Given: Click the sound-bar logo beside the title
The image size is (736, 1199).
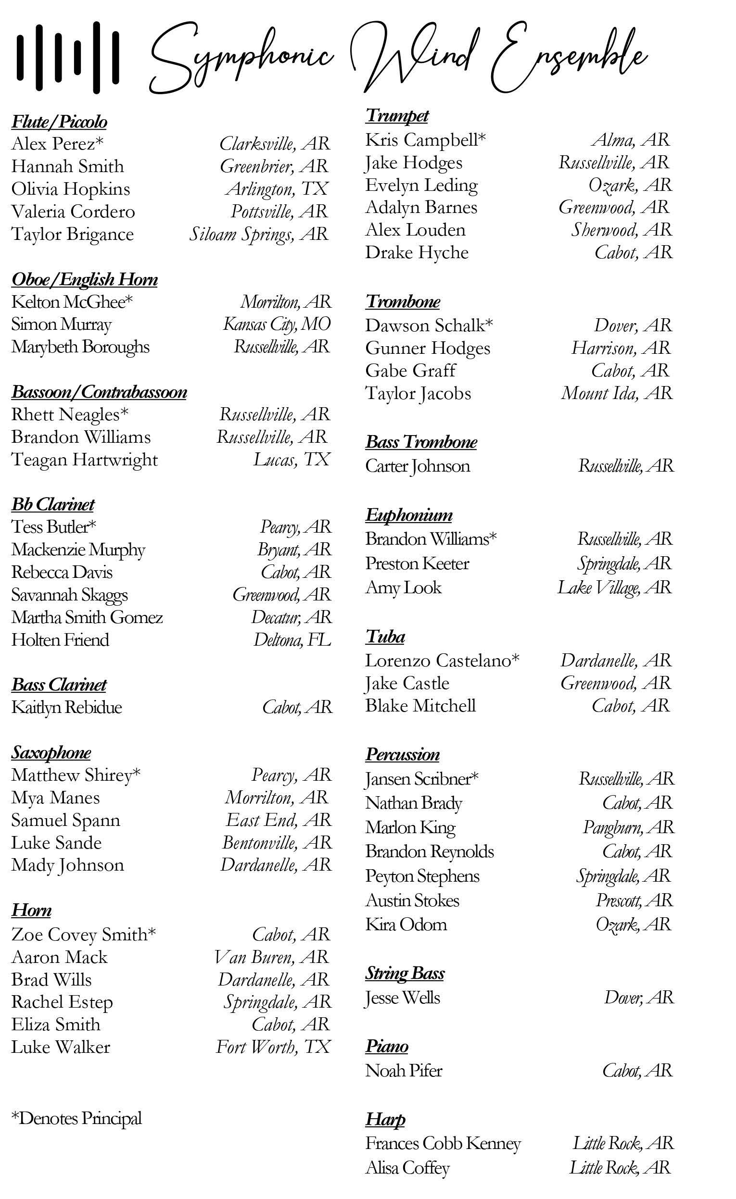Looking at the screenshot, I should [68, 57].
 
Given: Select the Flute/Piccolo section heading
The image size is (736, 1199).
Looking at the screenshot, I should [59, 122].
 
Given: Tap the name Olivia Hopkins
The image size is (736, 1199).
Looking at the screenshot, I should [71, 189].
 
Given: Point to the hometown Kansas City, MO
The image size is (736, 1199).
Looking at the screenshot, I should [277, 324].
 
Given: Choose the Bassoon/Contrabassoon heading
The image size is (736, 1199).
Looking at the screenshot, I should [99, 392].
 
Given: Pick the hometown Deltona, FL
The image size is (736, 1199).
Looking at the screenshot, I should [292, 639].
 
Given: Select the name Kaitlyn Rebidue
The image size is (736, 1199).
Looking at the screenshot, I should [67, 707].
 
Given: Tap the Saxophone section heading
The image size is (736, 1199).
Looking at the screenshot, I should [51, 752].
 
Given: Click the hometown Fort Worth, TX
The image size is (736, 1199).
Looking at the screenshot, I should [273, 1046].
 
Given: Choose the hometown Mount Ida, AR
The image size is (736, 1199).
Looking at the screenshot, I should [616, 393].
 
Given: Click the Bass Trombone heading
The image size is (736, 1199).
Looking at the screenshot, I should [421, 442].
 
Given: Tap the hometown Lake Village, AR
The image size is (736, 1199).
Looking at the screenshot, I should [614, 587].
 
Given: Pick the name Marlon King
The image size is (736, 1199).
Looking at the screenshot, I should [410, 827].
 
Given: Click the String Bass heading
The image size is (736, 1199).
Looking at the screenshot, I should [405, 973].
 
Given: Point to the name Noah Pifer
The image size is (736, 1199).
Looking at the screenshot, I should [404, 1070].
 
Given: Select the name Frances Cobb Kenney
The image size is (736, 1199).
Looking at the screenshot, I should [443, 1143].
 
